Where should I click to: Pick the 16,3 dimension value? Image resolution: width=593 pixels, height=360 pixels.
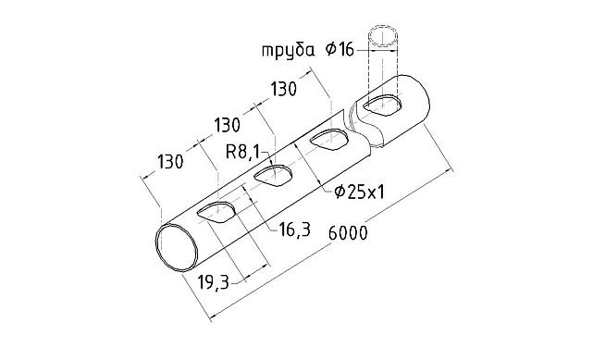point(292,229)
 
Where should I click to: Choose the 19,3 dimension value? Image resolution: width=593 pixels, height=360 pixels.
point(214,282)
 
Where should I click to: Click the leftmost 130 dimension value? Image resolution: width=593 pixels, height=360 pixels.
point(169,161)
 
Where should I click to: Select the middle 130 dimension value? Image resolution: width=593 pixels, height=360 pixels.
point(227,124)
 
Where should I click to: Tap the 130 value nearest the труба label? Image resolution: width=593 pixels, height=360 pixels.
point(284,89)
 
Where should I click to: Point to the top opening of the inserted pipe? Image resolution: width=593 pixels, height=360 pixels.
point(388,38)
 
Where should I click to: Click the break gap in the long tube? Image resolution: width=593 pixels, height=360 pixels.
point(349,119)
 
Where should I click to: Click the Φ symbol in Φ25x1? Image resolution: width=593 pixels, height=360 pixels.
point(340,192)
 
